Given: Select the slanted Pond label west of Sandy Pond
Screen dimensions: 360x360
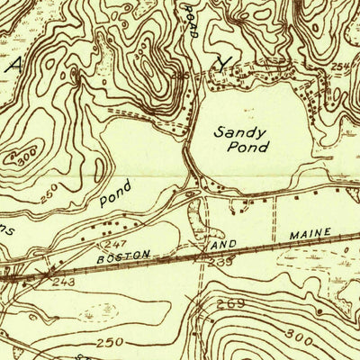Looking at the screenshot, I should (115, 193).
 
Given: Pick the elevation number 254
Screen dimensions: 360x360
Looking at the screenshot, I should (338, 67).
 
